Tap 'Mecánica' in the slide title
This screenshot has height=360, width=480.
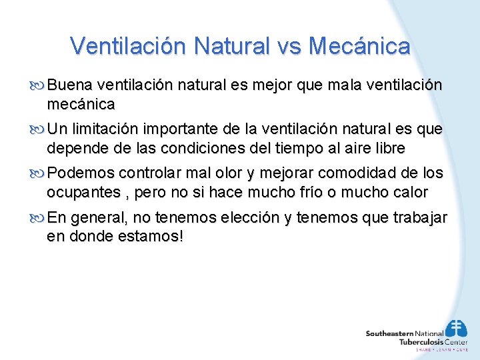367,46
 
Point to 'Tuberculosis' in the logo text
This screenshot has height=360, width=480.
421,341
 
